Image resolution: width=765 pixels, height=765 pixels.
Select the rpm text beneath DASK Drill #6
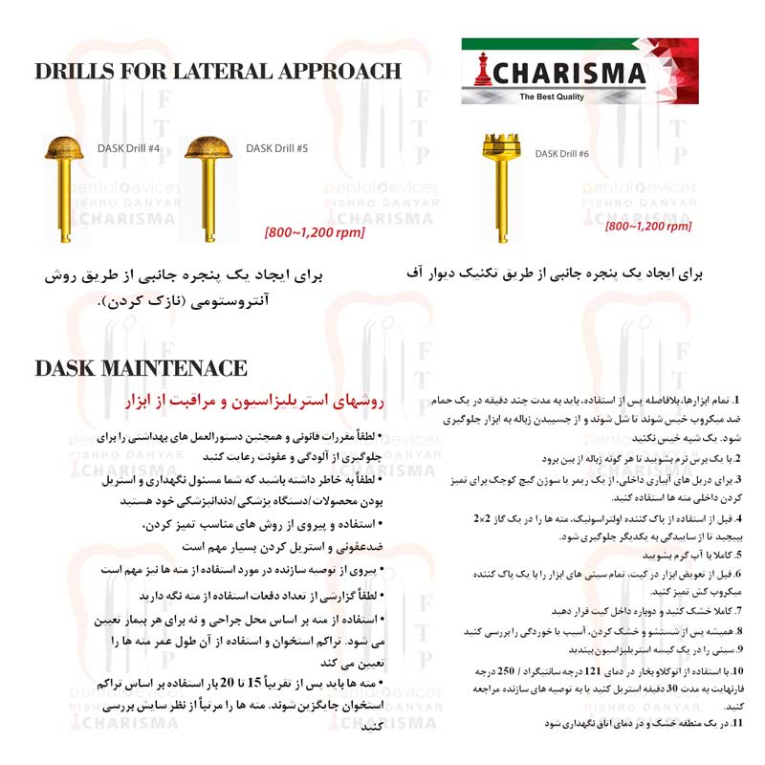[x=648, y=227]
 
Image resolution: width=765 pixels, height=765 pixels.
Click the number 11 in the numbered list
[x=736, y=724]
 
